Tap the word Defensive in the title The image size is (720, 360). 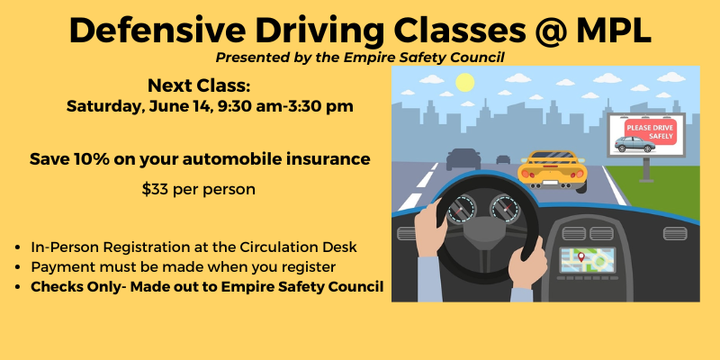pyautogui.click(x=157, y=31)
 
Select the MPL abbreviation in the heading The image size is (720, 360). pyautogui.click(x=614, y=31)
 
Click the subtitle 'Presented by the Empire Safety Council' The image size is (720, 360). pyautogui.click(x=360, y=58)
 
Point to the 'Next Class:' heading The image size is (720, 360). pyautogui.click(x=199, y=85)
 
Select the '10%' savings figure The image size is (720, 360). pyautogui.click(x=94, y=159)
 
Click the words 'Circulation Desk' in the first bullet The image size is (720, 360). pyautogui.click(x=298, y=247)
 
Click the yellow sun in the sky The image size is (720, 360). pyautogui.click(x=464, y=83)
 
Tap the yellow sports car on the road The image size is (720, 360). pyautogui.click(x=553, y=170)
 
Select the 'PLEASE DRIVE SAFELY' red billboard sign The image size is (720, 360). pyautogui.click(x=650, y=130)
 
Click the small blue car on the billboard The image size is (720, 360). pyautogui.click(x=634, y=144)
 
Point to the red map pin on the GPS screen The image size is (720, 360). pyautogui.click(x=580, y=256)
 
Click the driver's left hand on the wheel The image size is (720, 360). pyautogui.click(x=430, y=228)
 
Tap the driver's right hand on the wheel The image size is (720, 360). pyautogui.click(x=527, y=263)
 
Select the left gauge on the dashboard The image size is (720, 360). pyautogui.click(x=461, y=210)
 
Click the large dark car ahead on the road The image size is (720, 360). pyautogui.click(x=463, y=159)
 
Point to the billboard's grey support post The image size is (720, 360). pyautogui.click(x=646, y=169)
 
